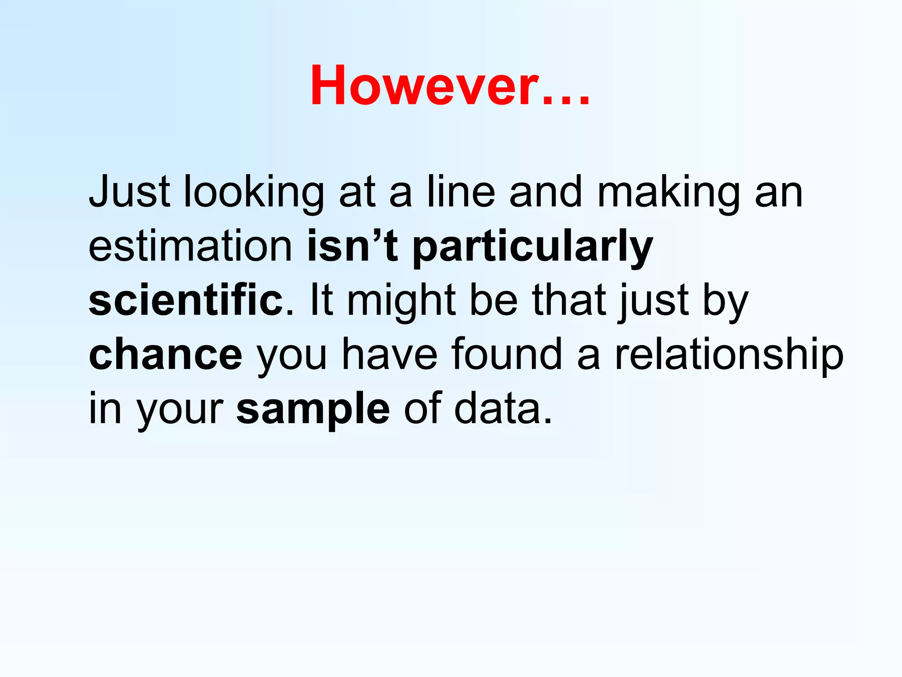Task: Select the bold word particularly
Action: (x=532, y=247)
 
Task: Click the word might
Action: (x=401, y=301)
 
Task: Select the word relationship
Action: (x=729, y=355)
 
